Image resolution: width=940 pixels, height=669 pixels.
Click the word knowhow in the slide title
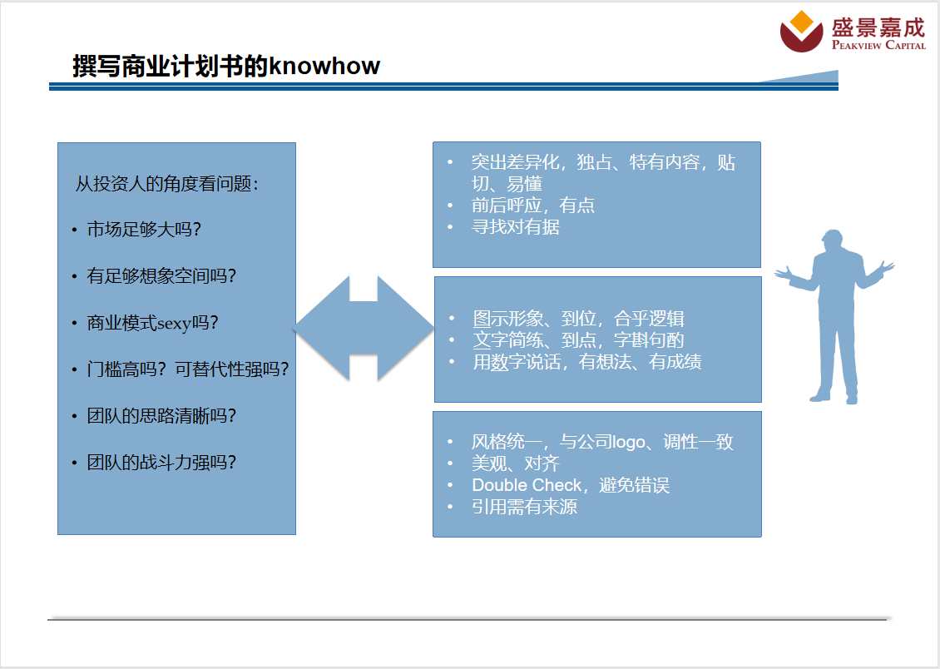pyautogui.click(x=324, y=66)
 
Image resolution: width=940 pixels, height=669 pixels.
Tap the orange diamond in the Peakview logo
pyautogui.click(x=802, y=22)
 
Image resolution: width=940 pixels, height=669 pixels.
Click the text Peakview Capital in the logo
pyautogui.click(x=878, y=45)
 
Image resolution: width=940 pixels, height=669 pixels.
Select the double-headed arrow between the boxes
pyautogui.click(x=364, y=329)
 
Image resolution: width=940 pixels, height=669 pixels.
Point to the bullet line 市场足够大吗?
pyautogui.click(x=144, y=229)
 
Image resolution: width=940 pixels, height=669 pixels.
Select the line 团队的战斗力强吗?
pyautogui.click(x=161, y=462)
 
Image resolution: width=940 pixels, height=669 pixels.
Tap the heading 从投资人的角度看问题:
pyautogui.click(x=166, y=183)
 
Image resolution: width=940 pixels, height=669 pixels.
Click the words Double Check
pyautogui.click(x=527, y=485)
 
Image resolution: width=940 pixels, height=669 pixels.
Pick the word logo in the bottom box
pyautogui.click(x=628, y=443)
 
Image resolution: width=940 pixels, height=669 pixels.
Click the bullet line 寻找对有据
pyautogui.click(x=516, y=226)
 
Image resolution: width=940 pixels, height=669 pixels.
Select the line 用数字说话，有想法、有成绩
pyautogui.click(x=587, y=361)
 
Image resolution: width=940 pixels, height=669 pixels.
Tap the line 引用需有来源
pyautogui.click(x=525, y=507)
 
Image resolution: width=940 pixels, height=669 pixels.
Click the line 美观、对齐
pyautogui.click(x=516, y=463)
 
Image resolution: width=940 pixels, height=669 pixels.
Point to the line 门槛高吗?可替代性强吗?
pyautogui.click(x=188, y=369)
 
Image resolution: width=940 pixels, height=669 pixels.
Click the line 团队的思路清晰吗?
pyautogui.click(x=161, y=415)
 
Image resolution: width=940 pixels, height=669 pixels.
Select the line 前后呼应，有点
pyautogui.click(x=533, y=205)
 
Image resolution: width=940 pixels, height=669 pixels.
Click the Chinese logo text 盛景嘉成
pyautogui.click(x=878, y=27)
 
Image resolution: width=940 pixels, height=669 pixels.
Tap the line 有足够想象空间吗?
pyautogui.click(x=161, y=275)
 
